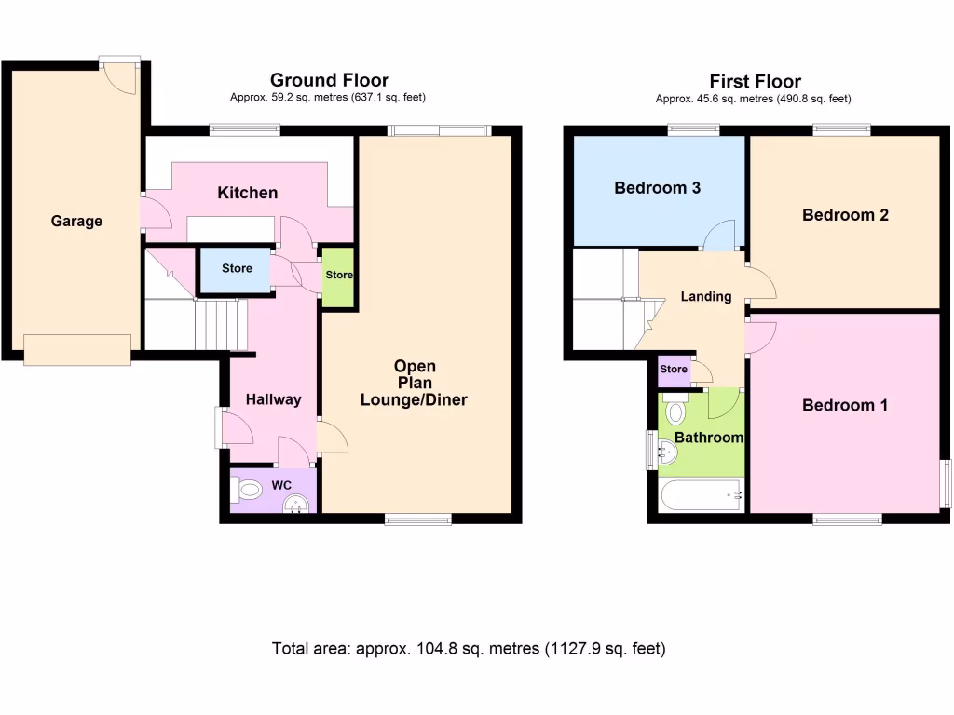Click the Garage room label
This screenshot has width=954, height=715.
76,222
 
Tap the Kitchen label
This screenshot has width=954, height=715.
247,193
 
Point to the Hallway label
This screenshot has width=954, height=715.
273,399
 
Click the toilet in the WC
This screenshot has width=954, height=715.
249,489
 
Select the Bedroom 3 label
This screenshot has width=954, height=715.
657,188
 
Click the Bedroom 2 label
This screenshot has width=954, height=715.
845,215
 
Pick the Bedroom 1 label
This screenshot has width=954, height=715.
845,406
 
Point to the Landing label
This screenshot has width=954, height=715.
705,297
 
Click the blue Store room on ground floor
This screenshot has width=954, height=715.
237,269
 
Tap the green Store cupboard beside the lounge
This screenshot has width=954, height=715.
339,276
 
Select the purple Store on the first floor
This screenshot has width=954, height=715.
674,370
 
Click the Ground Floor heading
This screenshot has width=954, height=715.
329,80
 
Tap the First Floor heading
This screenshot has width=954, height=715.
755,81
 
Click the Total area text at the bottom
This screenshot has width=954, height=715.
469,649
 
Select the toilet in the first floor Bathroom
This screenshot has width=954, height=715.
676,411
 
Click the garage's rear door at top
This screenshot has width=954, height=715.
120,74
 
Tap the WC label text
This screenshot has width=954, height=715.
281,485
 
